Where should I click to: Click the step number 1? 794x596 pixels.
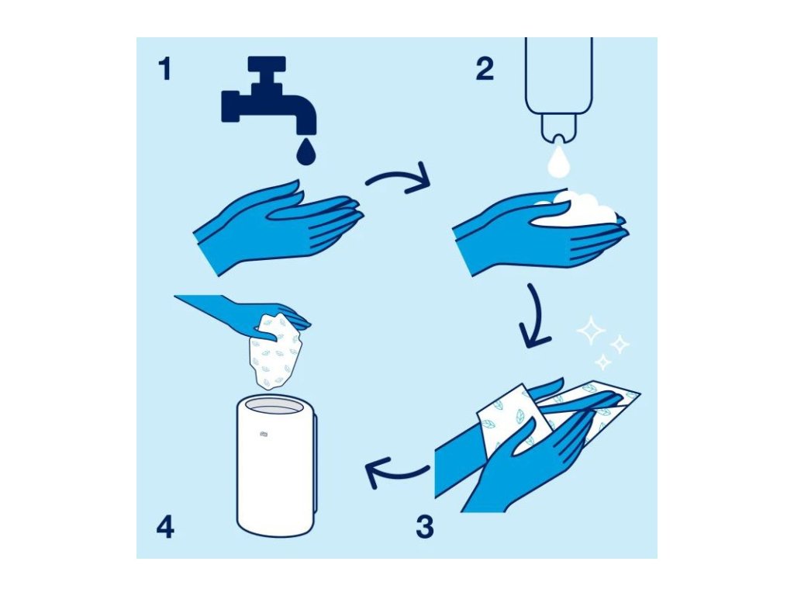pos(165,69)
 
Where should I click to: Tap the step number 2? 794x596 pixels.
pos(485,69)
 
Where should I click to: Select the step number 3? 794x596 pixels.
pos(425,527)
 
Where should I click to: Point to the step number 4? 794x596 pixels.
pos(165,527)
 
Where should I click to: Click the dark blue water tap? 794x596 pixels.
pos(268,96)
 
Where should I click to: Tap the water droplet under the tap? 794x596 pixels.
pos(306,152)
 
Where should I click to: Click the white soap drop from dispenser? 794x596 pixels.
pos(558,161)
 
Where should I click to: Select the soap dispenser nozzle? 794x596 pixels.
pos(558,128)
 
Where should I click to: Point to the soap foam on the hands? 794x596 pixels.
pos(577,210)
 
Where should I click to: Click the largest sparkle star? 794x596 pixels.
pos(591,331)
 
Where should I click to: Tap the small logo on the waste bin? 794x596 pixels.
pos(264,433)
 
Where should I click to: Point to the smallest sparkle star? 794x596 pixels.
pos(603,362)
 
